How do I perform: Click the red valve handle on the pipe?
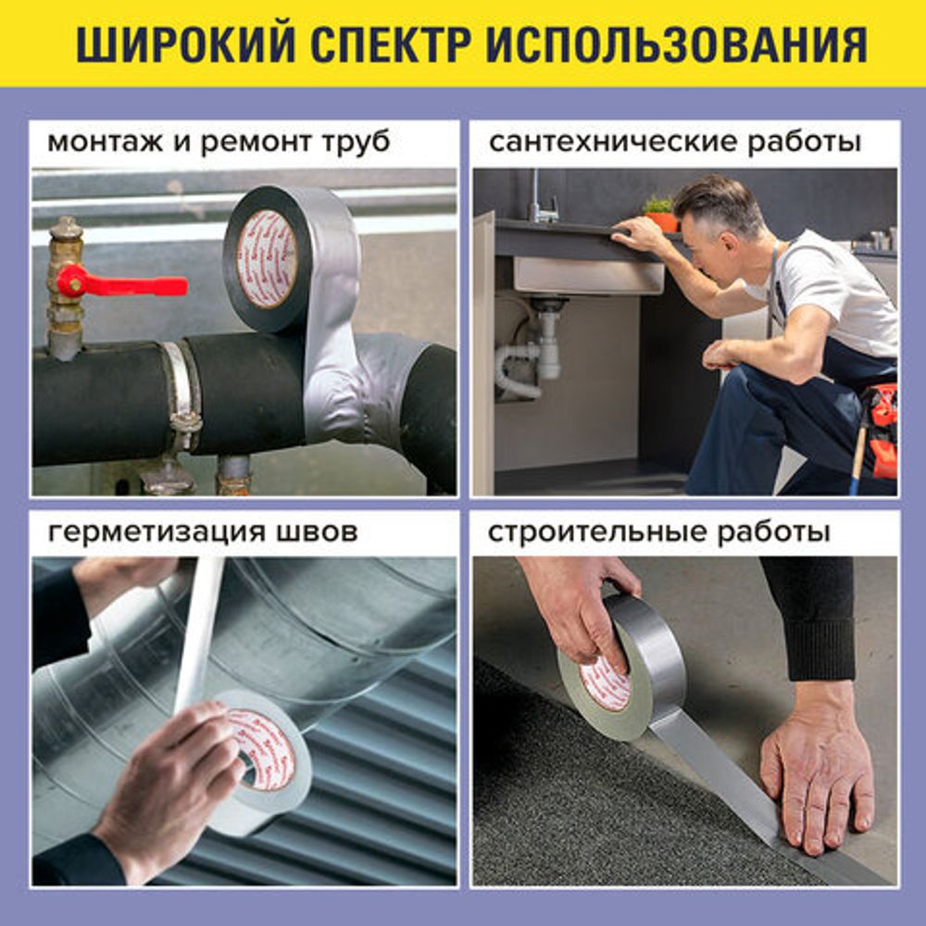click(120, 282)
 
